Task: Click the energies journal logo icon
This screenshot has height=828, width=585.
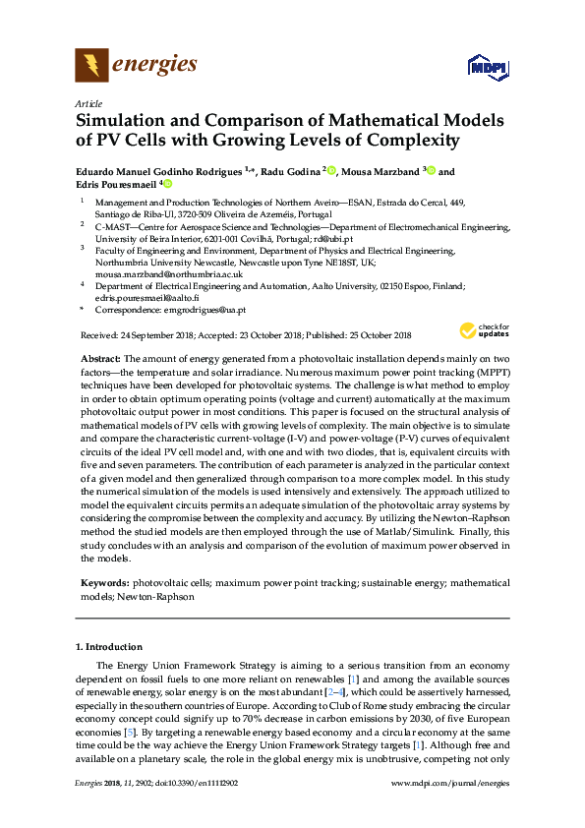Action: click(91, 66)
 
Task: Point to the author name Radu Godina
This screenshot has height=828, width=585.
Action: click(291, 171)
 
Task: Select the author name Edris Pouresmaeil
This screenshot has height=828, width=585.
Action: click(118, 184)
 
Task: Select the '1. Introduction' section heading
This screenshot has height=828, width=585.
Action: click(110, 646)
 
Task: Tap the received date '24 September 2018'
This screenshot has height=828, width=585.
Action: click(161, 334)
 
